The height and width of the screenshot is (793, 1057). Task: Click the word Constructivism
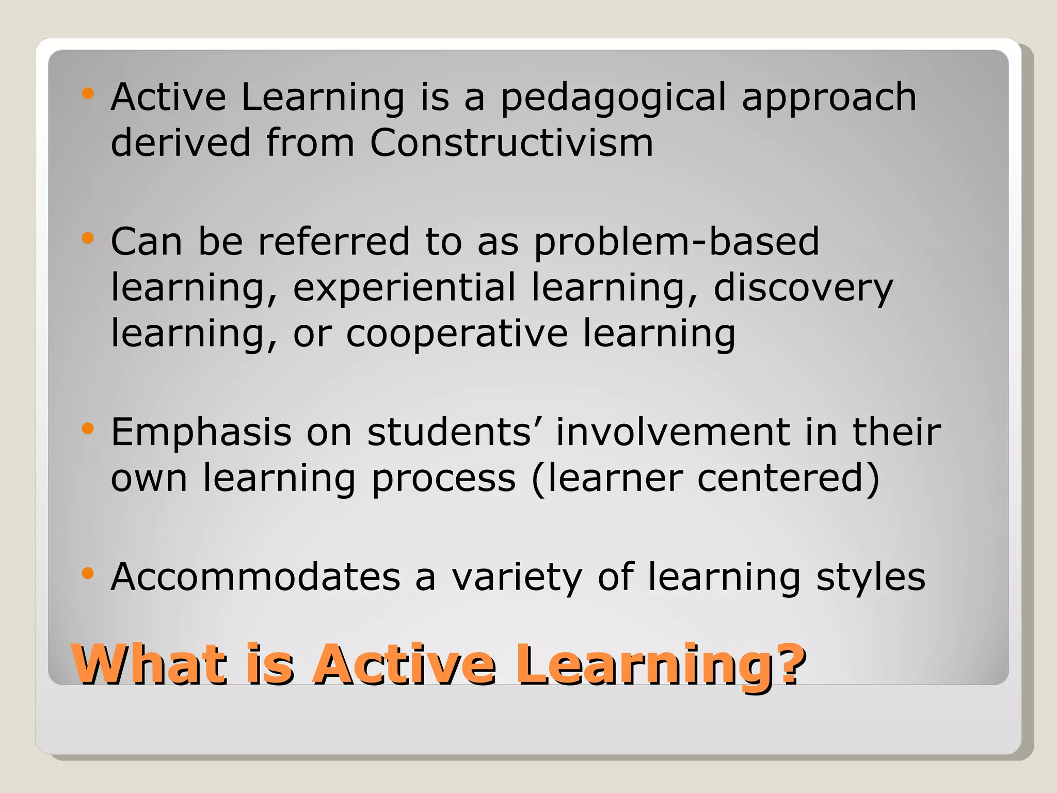[x=511, y=142]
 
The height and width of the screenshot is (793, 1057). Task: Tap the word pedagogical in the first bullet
[x=613, y=98]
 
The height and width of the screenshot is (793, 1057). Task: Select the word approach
[x=829, y=98]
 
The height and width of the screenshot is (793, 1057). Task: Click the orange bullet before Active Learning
[x=88, y=93]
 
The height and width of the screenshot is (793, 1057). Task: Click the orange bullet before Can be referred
[x=88, y=238]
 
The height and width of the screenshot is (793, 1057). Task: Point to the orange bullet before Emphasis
[x=88, y=428]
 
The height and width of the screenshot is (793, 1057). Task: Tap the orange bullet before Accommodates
[x=88, y=573]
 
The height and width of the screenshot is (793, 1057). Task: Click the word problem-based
[x=676, y=242]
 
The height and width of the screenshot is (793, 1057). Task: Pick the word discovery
[x=803, y=288]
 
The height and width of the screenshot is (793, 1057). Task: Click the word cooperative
[x=457, y=334]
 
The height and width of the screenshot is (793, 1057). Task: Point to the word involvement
[x=672, y=432]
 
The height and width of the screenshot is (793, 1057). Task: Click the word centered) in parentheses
[x=788, y=478]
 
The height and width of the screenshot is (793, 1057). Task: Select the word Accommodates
[x=255, y=577]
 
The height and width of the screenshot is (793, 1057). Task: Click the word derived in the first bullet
[x=181, y=142]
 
